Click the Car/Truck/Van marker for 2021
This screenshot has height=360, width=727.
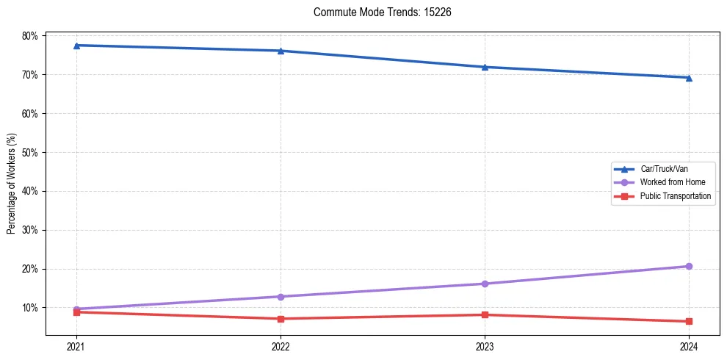point(76,46)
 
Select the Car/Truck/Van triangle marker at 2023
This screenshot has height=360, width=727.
point(485,67)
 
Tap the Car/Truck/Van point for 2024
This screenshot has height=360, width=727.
point(689,78)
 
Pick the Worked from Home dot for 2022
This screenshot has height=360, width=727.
point(281,297)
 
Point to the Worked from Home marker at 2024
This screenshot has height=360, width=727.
point(689,266)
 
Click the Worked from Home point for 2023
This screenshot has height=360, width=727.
point(485,284)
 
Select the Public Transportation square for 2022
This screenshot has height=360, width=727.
point(281,319)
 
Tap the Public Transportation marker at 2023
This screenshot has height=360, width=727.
point(485,314)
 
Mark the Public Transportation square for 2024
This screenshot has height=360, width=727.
point(689,321)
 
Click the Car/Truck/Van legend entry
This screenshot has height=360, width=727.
point(664,169)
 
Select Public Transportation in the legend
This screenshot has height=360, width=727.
point(676,196)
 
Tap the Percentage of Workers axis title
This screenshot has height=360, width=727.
point(11,184)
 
